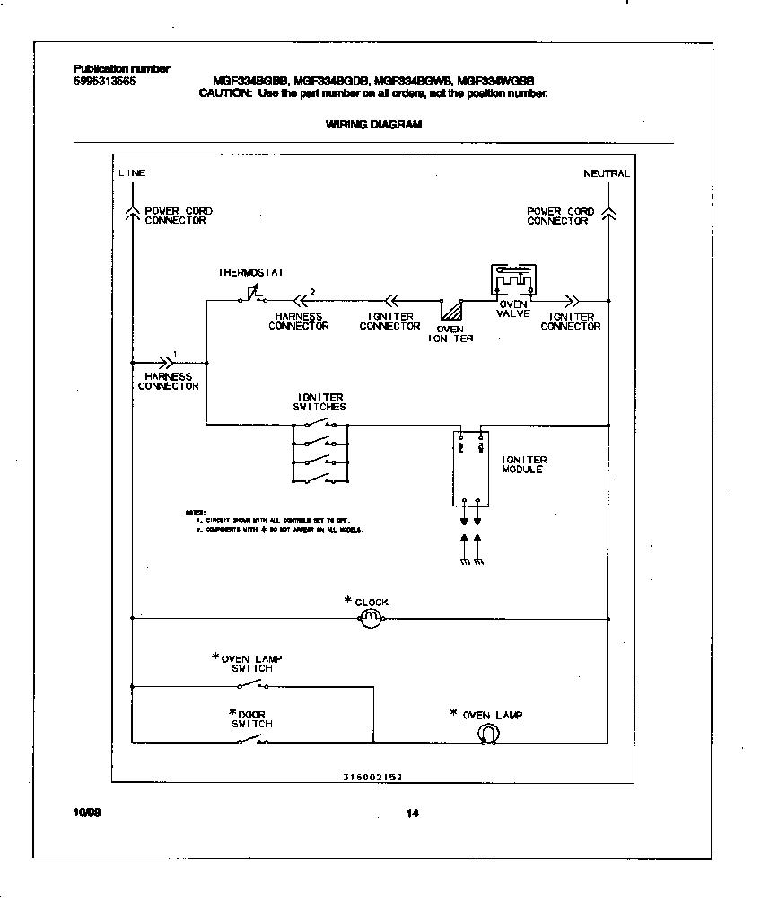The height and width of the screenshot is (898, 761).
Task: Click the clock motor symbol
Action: click(371, 618)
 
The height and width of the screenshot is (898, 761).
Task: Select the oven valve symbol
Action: click(512, 280)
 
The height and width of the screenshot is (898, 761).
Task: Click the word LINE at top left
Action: click(132, 173)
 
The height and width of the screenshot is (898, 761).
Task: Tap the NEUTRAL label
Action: click(606, 173)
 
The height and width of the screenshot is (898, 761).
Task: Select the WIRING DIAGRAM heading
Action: click(372, 125)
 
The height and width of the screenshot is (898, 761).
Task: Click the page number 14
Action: click(412, 814)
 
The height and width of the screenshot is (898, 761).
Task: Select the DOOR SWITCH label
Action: click(251, 718)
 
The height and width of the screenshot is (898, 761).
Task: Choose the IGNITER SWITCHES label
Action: click(319, 401)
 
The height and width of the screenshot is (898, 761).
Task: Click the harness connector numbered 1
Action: click(164, 362)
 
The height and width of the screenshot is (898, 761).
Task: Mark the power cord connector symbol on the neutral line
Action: click(608, 212)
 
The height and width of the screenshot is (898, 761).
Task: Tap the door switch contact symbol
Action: click(252, 741)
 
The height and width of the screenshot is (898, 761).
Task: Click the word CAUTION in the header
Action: click(226, 93)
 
